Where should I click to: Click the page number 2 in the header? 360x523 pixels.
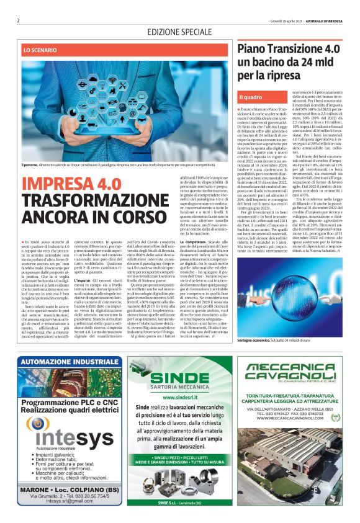(x=19, y=20)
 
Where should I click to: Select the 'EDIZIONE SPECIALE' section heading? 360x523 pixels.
(x=179, y=32)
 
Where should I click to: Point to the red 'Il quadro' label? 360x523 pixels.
(x=251, y=97)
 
